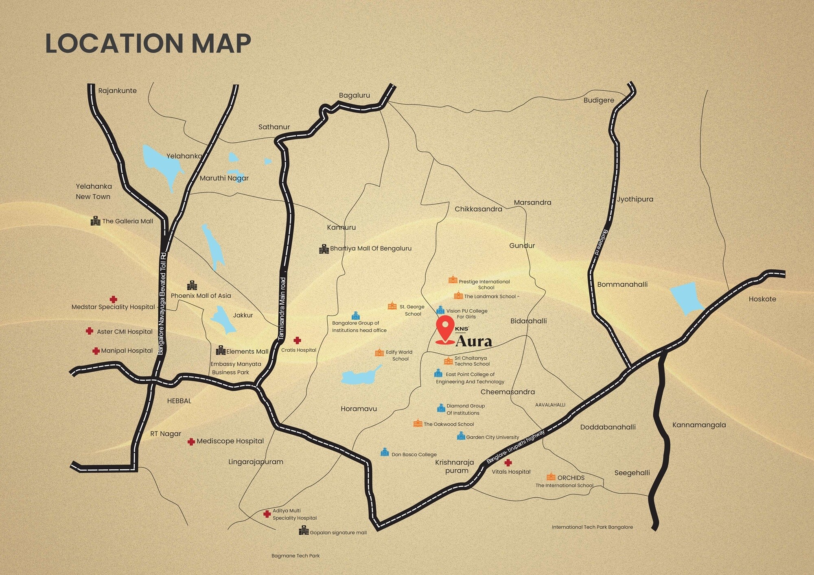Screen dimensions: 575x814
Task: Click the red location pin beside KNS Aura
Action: (x=445, y=329)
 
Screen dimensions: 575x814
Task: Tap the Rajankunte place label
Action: (x=117, y=91)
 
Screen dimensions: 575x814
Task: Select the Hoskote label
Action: (x=762, y=299)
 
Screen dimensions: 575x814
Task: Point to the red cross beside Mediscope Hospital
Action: (x=191, y=442)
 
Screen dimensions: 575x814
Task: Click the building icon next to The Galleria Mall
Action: (x=95, y=221)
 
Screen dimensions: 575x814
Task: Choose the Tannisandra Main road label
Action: (x=282, y=308)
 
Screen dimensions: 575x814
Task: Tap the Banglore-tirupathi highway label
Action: (x=515, y=447)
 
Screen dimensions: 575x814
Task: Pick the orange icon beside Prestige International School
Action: (x=453, y=280)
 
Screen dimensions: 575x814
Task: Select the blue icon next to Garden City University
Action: (x=461, y=436)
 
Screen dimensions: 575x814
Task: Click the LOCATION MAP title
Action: (x=148, y=43)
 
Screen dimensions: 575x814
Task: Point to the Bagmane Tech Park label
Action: (x=295, y=555)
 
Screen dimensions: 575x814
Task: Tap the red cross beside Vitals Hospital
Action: (x=508, y=463)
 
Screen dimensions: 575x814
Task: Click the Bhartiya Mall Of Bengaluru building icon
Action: (x=324, y=249)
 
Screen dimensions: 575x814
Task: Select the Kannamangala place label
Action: (x=699, y=425)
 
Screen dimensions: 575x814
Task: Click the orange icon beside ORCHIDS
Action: (x=551, y=477)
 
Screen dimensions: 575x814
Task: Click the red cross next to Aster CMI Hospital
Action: (x=90, y=331)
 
